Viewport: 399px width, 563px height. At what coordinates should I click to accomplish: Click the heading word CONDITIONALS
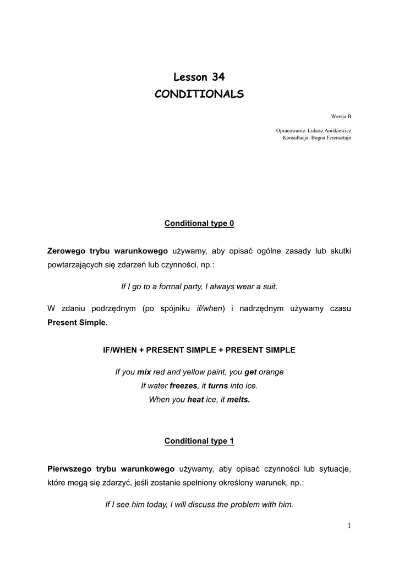coord(199,95)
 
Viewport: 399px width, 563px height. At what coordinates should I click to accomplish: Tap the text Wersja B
coord(341,116)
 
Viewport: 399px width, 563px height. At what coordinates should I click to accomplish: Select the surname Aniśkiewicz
coord(335,130)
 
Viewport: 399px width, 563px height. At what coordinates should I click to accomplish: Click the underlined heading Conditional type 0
coord(199,224)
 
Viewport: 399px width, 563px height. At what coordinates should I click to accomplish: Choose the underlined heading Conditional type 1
coord(199,441)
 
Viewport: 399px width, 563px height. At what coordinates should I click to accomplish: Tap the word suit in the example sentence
coord(269,286)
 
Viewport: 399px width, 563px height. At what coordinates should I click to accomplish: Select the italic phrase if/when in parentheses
coord(210,308)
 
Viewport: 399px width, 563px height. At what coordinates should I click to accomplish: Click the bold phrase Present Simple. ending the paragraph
coord(78,323)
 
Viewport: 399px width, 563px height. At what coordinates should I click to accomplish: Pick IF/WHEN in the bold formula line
coord(123,350)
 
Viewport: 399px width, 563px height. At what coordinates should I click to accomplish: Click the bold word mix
coord(144,372)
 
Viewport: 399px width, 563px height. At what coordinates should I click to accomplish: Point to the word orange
coord(271,372)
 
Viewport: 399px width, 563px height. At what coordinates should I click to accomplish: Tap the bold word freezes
coord(183,385)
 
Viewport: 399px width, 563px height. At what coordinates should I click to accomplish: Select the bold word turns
coord(218,385)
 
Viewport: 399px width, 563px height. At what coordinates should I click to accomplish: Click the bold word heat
coord(195,400)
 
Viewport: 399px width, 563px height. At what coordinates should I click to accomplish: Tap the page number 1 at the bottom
coord(349,526)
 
